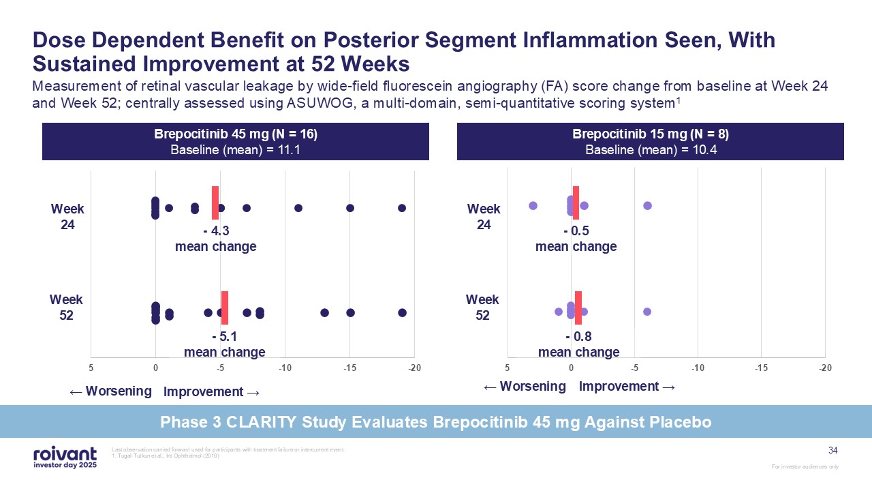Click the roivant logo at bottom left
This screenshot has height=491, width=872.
65,456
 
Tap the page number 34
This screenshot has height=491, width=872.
832,450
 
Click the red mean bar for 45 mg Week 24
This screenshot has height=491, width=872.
215,203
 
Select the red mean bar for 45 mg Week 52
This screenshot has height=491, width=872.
225,308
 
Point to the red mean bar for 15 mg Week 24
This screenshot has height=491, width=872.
576,203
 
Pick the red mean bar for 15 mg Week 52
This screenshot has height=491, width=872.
578,308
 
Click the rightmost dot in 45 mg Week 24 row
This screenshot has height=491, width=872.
402,208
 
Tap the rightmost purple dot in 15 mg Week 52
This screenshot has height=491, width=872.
647,312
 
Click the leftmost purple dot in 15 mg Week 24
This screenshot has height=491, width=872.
533,206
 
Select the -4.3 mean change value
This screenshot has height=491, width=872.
215,231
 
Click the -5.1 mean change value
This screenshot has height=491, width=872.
225,337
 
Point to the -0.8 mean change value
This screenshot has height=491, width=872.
578,337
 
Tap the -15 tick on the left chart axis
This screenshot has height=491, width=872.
349,368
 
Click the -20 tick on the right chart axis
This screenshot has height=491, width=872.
826,368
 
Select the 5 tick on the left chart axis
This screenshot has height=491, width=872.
91,368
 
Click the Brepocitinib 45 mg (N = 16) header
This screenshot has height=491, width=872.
236,134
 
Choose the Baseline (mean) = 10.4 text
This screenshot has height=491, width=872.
651,150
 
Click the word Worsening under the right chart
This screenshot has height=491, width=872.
533,387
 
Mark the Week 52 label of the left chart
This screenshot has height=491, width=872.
66,308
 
